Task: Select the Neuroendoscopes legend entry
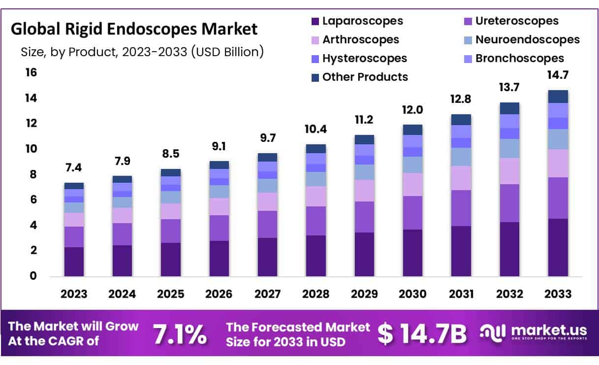[x=527, y=40]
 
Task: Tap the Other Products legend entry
[x=365, y=77]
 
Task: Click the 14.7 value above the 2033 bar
[x=558, y=76]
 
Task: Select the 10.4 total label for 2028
[x=315, y=130]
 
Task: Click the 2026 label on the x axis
[x=219, y=294]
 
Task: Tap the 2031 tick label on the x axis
[x=461, y=294]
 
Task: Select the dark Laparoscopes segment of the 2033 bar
[x=558, y=247]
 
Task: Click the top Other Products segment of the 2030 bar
[x=412, y=130]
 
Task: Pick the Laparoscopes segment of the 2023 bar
[x=73, y=261]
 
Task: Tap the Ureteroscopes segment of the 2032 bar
[x=509, y=203]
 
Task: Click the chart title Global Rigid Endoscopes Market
[x=134, y=29]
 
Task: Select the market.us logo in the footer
[x=534, y=332]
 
